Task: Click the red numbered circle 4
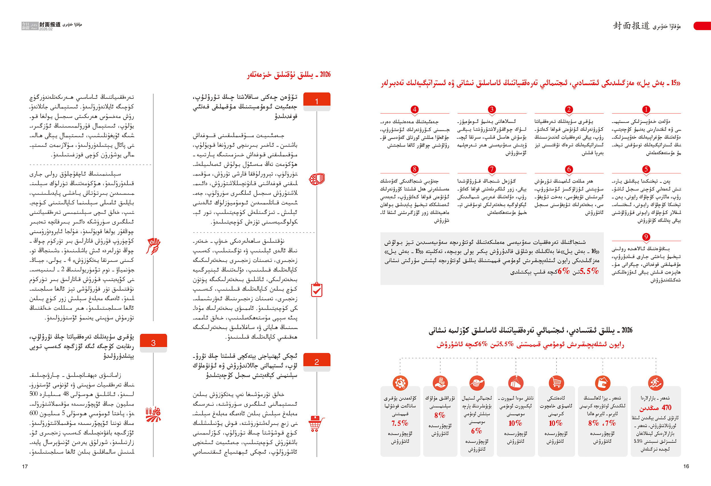pos(415,110)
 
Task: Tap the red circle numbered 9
pos(646,237)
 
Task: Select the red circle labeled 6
pos(569,169)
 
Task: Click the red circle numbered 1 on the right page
pos(646,110)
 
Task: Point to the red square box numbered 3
pos(153,343)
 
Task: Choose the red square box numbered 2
pos(317,362)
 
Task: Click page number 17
pos(25,466)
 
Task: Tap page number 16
pos(686,466)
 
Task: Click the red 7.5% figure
pos(400,423)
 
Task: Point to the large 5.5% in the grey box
pos(589,271)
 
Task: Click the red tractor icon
pos(153,414)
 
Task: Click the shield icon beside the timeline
pos(317,179)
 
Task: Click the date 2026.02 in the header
pos(46,29)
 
